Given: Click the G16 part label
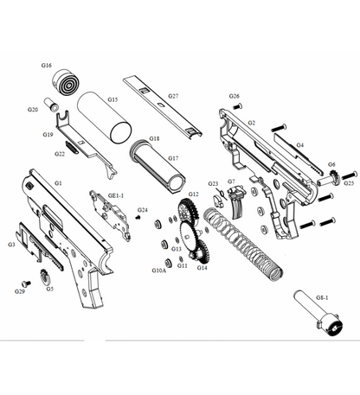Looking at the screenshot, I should point(46,66).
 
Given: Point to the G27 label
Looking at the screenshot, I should point(173,96).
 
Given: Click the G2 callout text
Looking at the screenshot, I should point(251,124).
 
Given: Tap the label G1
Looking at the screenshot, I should point(58,184).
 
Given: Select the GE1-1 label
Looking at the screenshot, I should point(116,196).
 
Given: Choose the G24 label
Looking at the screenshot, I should point(144,210).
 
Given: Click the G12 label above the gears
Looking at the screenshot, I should point(194,194).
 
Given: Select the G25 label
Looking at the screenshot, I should point(349,182).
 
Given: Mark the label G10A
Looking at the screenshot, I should point(159,271).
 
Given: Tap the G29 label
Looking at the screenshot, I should point(20,291).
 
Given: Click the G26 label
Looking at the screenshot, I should point(235,96).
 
